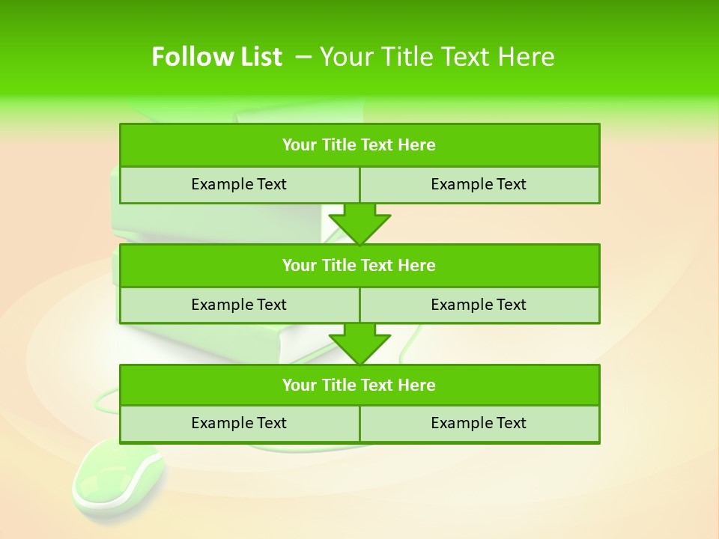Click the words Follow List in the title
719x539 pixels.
point(216,57)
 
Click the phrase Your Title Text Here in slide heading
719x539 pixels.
point(437,57)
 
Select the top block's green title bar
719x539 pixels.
point(359,145)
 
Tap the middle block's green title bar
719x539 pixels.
point(359,265)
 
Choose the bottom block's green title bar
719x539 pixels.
point(359,385)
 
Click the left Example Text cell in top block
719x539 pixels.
point(239,184)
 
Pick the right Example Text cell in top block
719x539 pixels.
point(479,184)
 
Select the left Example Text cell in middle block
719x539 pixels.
point(239,305)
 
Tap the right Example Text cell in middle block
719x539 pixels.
point(479,305)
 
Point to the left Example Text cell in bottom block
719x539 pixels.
point(239,423)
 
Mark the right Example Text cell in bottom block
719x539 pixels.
point(479,423)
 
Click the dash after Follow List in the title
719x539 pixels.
point(303,55)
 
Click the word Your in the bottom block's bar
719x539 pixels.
point(299,385)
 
